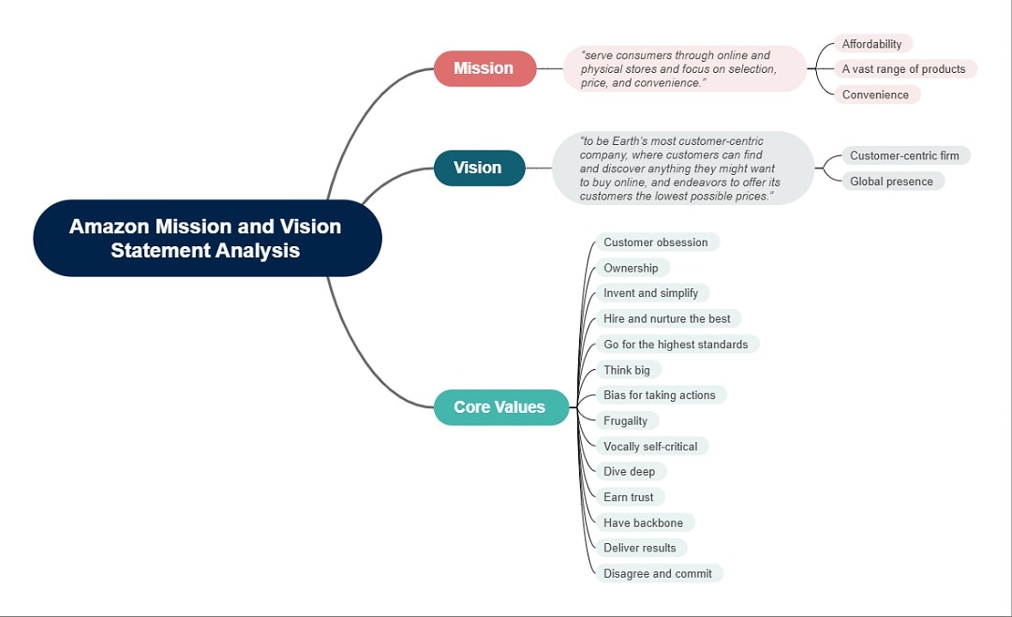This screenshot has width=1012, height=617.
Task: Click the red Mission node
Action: coord(484,68)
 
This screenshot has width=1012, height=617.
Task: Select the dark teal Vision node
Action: coord(479,168)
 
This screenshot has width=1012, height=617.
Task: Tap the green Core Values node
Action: coord(500,407)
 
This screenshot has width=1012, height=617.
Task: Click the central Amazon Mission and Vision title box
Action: coord(206,238)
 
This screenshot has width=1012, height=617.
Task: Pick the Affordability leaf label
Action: coord(872,44)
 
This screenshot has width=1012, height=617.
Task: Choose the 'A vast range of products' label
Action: coord(904,69)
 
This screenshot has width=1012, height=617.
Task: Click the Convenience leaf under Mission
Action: coord(876,95)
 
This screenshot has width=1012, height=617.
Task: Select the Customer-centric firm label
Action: coord(905,155)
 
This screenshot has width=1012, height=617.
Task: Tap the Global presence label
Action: coord(892,182)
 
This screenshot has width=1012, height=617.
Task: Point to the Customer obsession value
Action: coord(656,242)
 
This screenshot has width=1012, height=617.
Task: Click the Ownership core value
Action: coord(631,268)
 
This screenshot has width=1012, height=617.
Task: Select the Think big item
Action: coord(627,370)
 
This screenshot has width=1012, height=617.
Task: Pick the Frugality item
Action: coord(626,421)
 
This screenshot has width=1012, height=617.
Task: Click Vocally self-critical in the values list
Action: coord(650,447)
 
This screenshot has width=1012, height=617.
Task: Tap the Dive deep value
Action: coord(630,472)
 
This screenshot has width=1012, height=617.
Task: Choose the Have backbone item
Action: coord(644,522)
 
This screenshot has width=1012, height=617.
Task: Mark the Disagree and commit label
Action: coord(658,574)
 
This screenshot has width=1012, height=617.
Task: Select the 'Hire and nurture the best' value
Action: coord(667,319)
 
